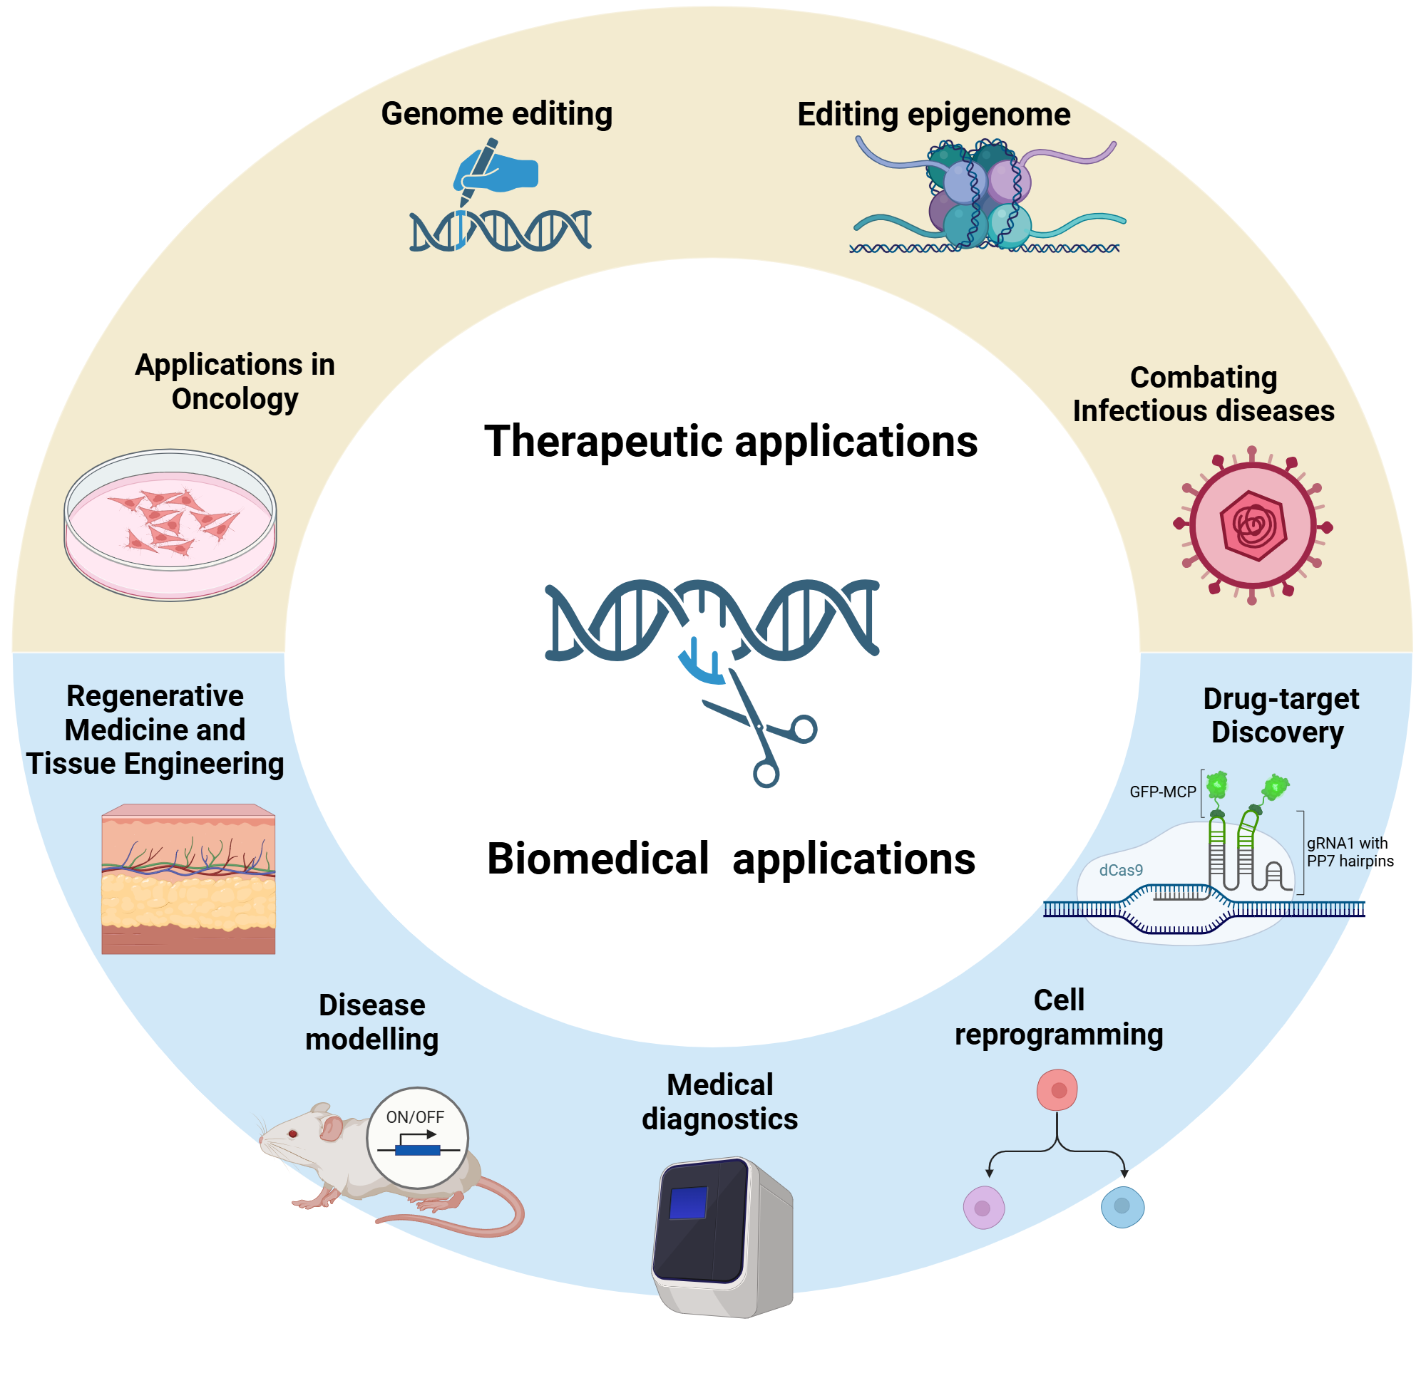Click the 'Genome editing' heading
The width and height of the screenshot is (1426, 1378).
point(496,113)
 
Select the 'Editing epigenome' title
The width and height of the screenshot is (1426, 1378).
point(933,114)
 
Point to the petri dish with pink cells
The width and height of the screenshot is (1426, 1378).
point(170,524)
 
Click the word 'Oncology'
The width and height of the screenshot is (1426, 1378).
point(235,399)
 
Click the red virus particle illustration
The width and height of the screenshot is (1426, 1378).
point(1252,525)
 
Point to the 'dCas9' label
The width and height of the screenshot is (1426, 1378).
point(1120,870)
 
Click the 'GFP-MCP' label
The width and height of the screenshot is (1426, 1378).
point(1162,792)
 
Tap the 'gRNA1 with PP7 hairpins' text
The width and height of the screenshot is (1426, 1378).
point(1350,851)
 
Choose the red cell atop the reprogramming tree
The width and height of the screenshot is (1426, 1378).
point(1057,1090)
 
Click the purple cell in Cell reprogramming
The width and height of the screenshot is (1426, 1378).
point(984,1208)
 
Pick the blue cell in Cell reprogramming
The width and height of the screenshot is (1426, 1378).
point(1122,1206)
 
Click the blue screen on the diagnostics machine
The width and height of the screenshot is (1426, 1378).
point(687,1202)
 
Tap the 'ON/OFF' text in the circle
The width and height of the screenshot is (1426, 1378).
point(415,1117)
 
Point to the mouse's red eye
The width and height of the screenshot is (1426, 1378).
point(293,1134)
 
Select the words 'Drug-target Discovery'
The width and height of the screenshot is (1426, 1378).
point(1280,715)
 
